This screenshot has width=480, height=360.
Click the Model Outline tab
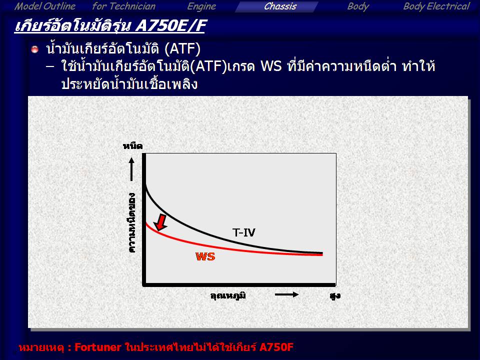click(x=45, y=6)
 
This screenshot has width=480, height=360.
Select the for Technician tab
click(x=124, y=6)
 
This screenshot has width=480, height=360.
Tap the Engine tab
click(x=201, y=6)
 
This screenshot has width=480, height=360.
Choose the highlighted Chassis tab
click(x=280, y=6)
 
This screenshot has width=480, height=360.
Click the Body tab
click(x=358, y=6)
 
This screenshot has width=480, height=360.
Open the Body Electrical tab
click(x=436, y=6)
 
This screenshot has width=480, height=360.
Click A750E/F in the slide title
click(x=171, y=25)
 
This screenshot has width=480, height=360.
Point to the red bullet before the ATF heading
click(x=35, y=49)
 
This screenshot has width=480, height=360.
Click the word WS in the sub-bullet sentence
click(x=271, y=66)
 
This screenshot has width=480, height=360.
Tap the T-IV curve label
click(x=243, y=232)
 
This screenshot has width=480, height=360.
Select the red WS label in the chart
click(x=205, y=256)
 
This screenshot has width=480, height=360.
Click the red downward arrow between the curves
click(x=160, y=222)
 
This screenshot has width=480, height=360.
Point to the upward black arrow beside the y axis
click(x=131, y=169)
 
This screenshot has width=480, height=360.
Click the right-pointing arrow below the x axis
click(x=287, y=294)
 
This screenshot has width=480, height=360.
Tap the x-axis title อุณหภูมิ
click(x=228, y=295)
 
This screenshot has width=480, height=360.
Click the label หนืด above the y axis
click(x=132, y=146)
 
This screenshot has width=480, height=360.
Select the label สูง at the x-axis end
click(x=335, y=296)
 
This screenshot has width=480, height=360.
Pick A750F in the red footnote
click(x=276, y=347)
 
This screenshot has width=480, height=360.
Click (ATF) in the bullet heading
click(x=182, y=49)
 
